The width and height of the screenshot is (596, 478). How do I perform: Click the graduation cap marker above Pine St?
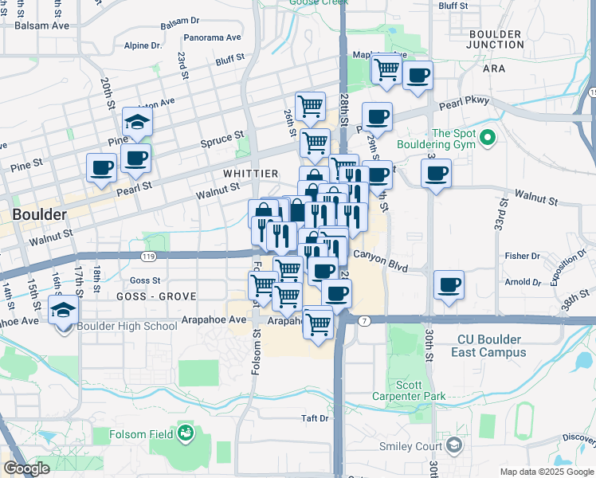pos(137,123)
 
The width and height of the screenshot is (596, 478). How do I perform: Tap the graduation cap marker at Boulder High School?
pos(63,311)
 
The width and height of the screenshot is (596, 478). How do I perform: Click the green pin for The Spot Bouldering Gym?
pos(488,139)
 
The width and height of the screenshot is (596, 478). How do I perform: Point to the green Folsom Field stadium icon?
pos(186,433)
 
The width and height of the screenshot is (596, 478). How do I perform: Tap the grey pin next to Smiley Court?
pos(454,445)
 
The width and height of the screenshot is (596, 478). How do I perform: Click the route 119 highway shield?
pos(147,257)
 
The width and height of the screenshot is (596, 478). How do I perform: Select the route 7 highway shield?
pos(363,320)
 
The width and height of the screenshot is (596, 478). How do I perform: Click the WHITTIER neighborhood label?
pos(250,174)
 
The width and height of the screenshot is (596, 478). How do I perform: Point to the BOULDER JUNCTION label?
pos(495,40)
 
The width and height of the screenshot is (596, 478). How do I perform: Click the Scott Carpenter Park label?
pos(420,390)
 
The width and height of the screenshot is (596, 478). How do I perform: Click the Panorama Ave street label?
pos(212,37)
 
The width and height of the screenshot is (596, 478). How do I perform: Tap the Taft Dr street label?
pos(315,418)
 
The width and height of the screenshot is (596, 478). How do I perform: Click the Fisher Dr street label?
pos(523,256)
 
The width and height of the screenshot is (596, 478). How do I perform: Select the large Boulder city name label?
pos(38,214)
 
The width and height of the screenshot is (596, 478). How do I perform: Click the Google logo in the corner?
pos(26,468)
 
